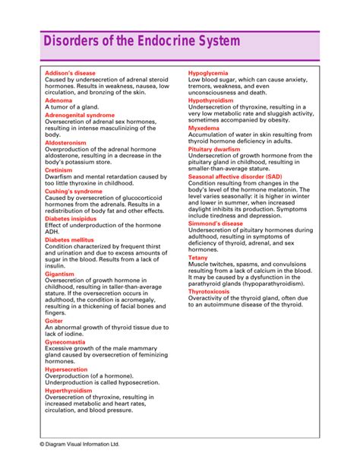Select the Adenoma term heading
59,100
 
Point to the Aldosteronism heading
65,141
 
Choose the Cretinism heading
59,170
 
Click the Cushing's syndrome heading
74,191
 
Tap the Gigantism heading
61,273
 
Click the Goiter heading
54,321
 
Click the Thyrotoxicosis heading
215,291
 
